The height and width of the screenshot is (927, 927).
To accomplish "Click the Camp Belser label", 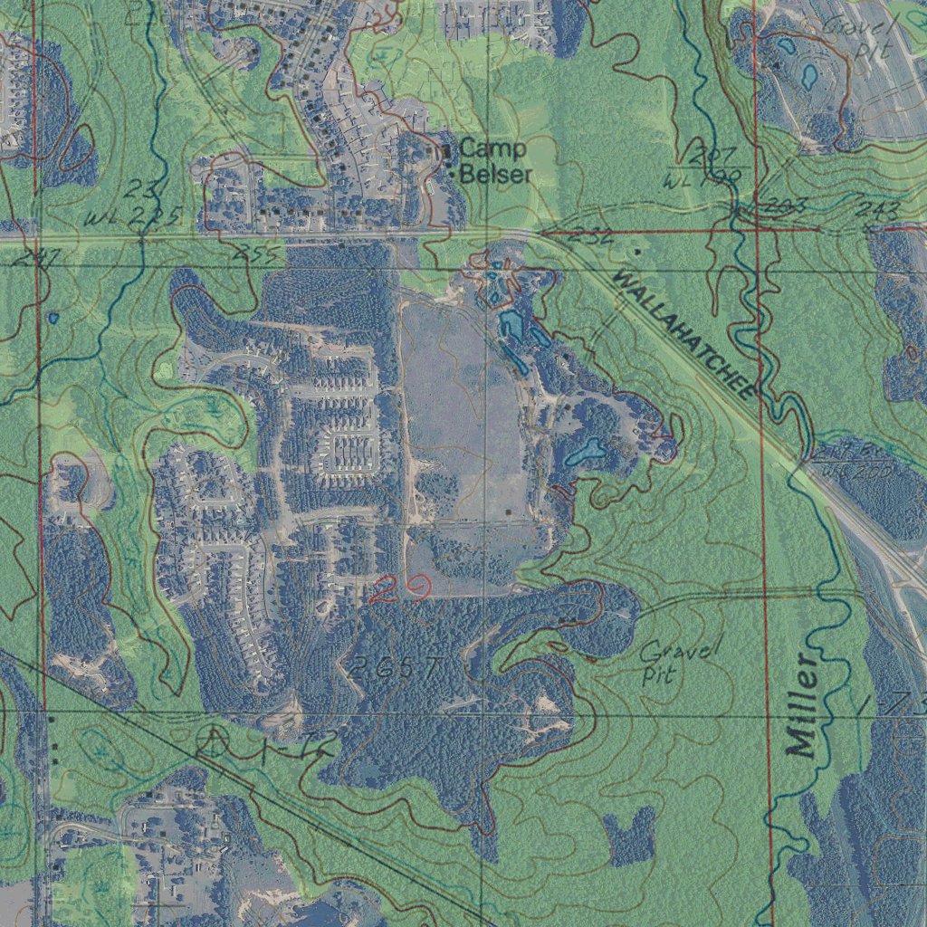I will (494, 161).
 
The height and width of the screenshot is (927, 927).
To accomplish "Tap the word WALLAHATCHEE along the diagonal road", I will (684, 333).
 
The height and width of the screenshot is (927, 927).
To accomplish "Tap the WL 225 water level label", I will (136, 218).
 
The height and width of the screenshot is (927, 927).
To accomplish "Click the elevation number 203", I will (785, 206).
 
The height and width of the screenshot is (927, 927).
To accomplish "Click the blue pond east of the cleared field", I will (585, 450).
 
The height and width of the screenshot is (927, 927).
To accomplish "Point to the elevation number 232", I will (594, 238).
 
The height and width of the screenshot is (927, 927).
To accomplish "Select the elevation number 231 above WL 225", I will (143, 189).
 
